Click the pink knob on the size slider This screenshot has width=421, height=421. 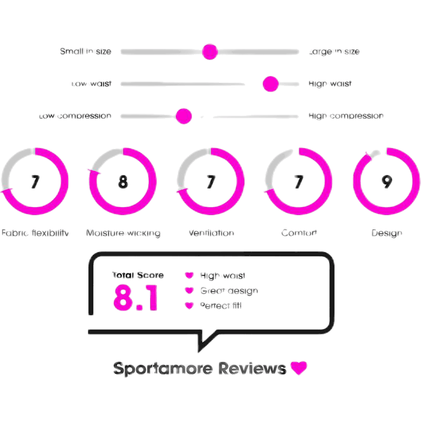coord(210,51)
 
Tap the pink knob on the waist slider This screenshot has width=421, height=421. coord(270,84)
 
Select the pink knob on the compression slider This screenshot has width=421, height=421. coord(184,116)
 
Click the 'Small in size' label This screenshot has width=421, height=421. coord(86,51)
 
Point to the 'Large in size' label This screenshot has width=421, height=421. coord(334,51)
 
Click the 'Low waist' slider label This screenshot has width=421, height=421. coord(91,84)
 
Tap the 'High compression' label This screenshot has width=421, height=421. coord(346,116)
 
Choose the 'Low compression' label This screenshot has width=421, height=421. coord(76,116)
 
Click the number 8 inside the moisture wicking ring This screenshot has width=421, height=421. coord(123,181)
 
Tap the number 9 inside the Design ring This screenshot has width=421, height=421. coord(386,181)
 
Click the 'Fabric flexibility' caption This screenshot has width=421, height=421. coord(36,233)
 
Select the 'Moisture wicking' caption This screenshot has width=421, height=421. coord(123,233)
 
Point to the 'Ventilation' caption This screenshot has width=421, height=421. coord(211,233)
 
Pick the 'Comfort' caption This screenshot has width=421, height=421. coord(299,233)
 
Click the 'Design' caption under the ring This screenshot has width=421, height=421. coord(386,233)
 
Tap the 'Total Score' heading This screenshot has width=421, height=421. coord(138,276)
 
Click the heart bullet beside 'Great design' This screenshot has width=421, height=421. coord(189,290)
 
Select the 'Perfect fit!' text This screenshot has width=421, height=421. coord(221,306)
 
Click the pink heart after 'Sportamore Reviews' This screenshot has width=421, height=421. coord(298,368)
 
